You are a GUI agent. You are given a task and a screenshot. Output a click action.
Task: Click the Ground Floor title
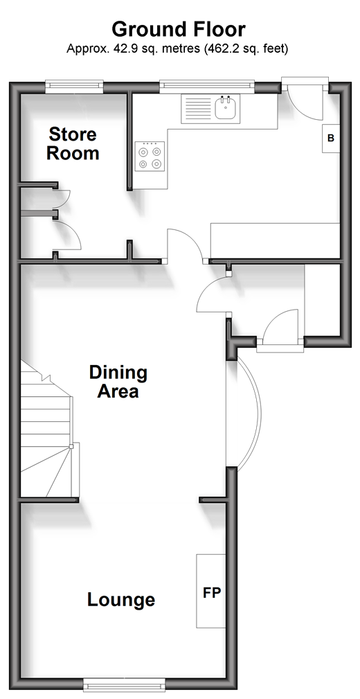(178, 29)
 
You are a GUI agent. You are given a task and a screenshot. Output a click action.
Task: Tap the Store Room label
(73, 143)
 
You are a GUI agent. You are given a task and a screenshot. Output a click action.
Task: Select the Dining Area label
(118, 382)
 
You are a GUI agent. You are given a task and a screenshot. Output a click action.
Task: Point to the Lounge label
(121, 600)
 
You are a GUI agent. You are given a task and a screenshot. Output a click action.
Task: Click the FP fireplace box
(211, 591)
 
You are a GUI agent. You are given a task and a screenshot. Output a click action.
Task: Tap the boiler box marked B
(331, 138)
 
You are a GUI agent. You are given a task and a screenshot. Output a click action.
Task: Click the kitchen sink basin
(225, 108)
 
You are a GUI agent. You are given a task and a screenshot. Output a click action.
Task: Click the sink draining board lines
(198, 109)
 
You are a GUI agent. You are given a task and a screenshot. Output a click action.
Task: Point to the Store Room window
(74, 87)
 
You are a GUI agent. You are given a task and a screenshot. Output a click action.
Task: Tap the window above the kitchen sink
(207, 87)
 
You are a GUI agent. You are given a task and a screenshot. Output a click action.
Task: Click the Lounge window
(125, 684)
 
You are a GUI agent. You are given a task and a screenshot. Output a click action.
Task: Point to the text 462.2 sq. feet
(246, 48)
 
